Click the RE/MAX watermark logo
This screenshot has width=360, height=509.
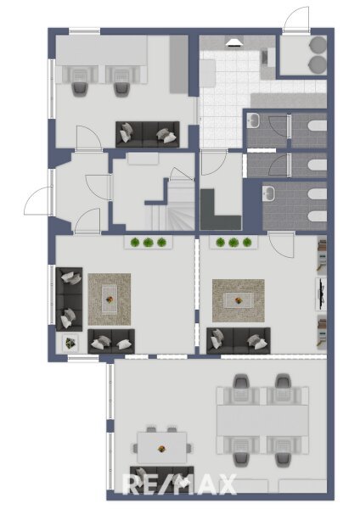pos(179,484)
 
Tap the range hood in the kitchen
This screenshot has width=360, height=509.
pos(234,43)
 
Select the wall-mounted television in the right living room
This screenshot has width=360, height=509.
pos(322,294)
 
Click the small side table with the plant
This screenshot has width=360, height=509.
pos(70,343)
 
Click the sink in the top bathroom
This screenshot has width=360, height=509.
pos(252,120)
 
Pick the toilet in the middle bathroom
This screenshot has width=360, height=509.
pos(317,165)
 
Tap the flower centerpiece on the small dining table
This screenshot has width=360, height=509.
pos(161,449)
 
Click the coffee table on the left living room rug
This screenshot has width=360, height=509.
pos(110,299)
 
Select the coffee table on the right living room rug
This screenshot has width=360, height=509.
pos(239,300)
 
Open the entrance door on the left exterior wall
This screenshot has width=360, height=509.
pos(37,201)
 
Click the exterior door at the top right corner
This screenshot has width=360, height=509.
pos(295,20)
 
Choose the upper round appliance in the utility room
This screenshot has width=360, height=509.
pos(318,44)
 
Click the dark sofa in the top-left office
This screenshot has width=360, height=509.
pos(148,134)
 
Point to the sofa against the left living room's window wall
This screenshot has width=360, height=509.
pos(70,299)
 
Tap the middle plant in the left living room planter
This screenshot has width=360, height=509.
pos(148,242)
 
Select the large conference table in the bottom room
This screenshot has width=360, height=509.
pos(262,420)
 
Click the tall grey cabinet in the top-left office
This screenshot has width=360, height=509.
pos(178,64)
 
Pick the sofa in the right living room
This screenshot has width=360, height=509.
pos(239,340)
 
